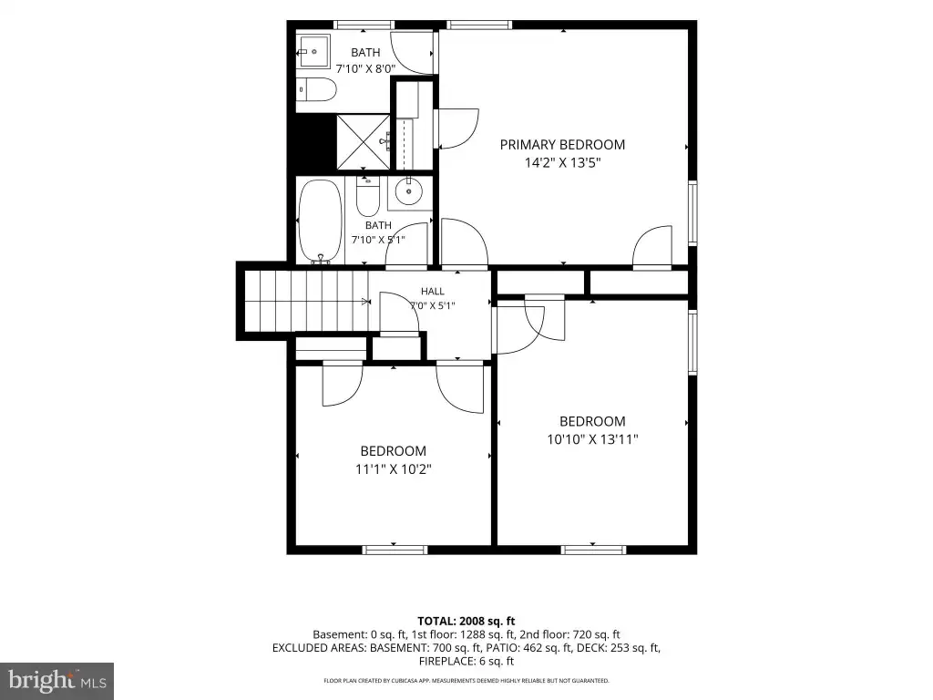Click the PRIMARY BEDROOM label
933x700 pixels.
coord(562,145)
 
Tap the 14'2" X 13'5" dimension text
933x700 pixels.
coord(562,162)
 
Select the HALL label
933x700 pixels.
coord(433,291)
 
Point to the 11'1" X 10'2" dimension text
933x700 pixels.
coord(394,469)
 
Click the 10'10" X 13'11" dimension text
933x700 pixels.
coord(592,439)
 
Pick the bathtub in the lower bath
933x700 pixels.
coord(320,221)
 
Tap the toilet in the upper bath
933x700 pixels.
coord(316,89)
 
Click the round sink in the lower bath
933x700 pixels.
coord(409,191)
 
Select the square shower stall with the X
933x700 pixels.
coord(364,141)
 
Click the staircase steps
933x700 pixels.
coord(306,301)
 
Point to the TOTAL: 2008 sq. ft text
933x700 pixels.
coord(466,622)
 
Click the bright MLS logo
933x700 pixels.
coord(57,681)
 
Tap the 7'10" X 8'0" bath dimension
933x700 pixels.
coord(365,68)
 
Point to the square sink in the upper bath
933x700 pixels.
coord(313,51)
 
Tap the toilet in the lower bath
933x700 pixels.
coord(368,197)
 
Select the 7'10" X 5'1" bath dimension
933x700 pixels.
coord(378,240)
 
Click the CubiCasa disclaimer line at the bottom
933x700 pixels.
coord(466,680)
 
